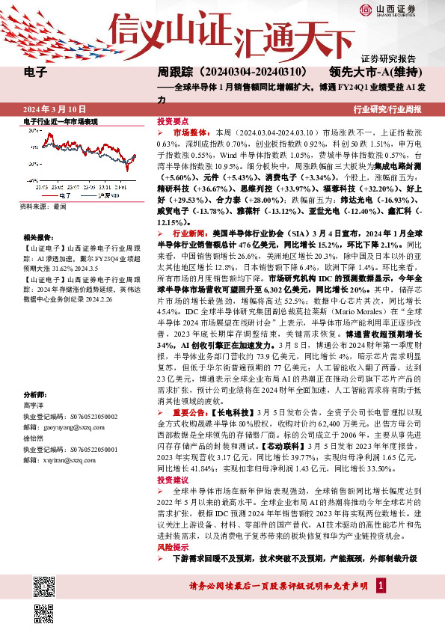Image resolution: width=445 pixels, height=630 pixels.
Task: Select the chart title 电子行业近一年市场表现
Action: tap(61, 121)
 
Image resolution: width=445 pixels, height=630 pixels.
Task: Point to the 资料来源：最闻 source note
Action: tap(43, 205)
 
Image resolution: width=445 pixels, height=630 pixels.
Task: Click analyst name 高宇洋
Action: tap(34, 403)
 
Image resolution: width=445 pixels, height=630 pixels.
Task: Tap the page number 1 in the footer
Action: tap(381, 584)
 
